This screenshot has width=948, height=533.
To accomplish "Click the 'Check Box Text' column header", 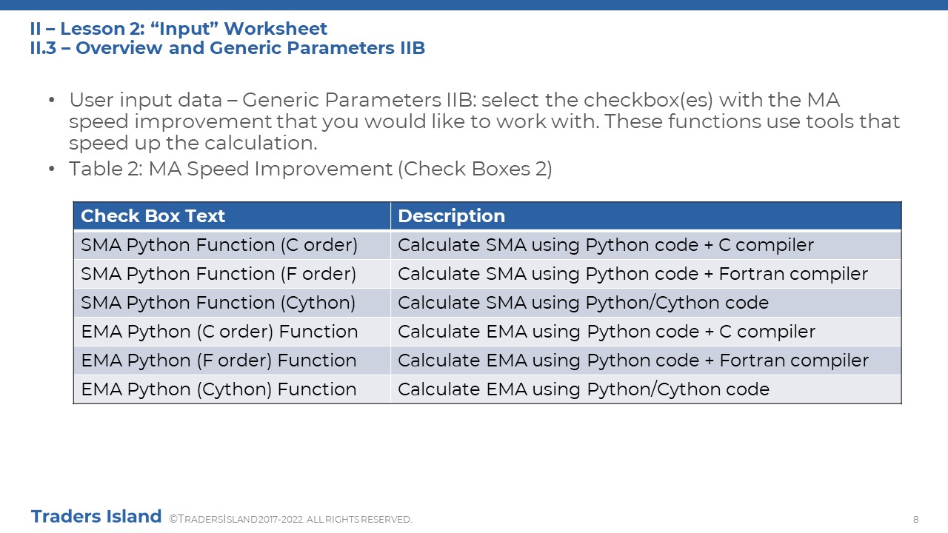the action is click(153, 215).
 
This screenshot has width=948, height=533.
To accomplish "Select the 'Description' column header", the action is click(451, 215).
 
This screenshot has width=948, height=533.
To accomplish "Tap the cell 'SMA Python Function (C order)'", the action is click(219, 245).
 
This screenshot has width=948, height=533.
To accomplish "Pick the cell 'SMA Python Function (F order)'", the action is click(218, 274).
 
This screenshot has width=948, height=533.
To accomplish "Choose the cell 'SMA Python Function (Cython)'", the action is click(218, 303).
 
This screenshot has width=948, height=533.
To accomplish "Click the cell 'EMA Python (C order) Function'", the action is click(219, 332).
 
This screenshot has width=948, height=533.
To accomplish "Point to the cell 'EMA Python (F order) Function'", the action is click(218, 361).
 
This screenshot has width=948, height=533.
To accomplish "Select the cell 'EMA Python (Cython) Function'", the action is click(218, 389).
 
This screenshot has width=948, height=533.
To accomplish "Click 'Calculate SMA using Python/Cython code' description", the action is click(583, 303).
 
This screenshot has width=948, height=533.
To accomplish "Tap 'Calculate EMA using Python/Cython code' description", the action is click(584, 389).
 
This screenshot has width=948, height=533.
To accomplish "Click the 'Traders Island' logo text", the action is click(96, 517).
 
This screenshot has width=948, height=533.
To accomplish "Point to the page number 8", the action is click(916, 520).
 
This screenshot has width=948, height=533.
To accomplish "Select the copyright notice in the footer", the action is click(290, 519).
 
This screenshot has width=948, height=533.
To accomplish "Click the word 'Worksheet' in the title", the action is click(275, 29).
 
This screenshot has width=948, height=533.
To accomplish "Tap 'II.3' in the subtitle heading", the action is click(43, 48).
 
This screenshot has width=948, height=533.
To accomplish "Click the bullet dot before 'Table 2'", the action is click(52, 169).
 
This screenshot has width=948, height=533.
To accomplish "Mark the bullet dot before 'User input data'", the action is click(52, 100).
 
